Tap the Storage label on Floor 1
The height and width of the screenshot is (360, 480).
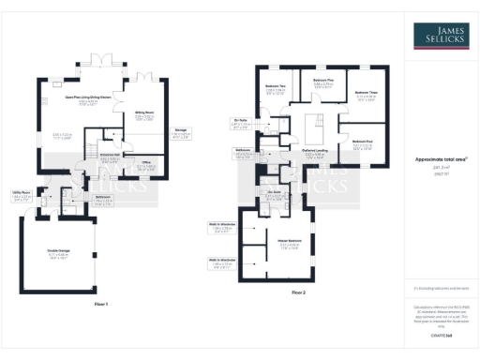[x=181, y=129]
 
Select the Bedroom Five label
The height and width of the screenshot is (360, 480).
[x=322, y=81]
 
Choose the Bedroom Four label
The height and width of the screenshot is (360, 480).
[x=364, y=142]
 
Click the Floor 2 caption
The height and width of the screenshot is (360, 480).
[x=298, y=293]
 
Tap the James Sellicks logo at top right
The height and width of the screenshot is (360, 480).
[x=440, y=36]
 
